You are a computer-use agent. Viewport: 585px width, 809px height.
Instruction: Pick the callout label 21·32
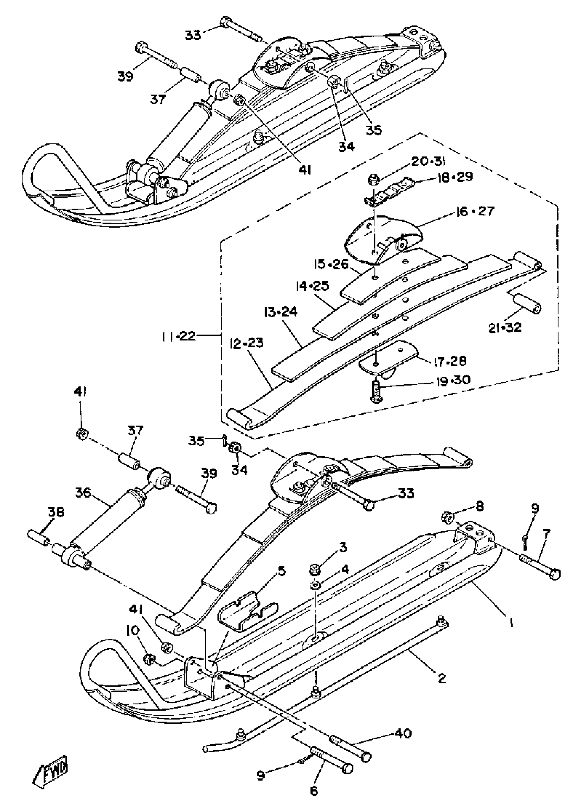(x=505, y=327)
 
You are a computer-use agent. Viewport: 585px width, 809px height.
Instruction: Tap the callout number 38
(x=56, y=512)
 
